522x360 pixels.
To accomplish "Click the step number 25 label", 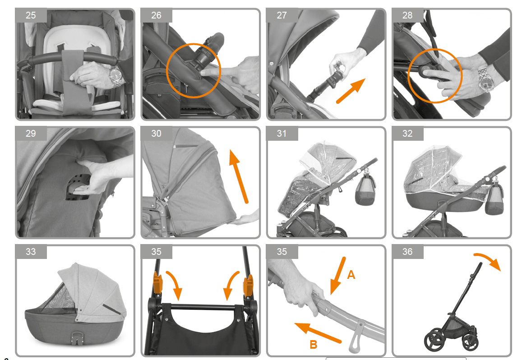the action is pyautogui.click(x=31, y=15).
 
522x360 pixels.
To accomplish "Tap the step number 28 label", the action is pyautogui.click(x=407, y=15).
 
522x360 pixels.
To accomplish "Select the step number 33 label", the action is pyautogui.click(x=31, y=252).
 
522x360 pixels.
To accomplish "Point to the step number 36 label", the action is pyautogui.click(x=407, y=252).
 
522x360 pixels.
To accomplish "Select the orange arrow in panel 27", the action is pyautogui.click(x=351, y=91).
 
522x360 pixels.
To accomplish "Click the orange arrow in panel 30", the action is pyautogui.click(x=238, y=176).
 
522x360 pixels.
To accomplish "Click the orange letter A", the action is pyautogui.click(x=351, y=275).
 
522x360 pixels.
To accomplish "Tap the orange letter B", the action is pyautogui.click(x=313, y=344).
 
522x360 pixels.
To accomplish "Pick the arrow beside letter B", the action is pyautogui.click(x=318, y=332).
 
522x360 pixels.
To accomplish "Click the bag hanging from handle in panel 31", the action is pyautogui.click(x=365, y=189).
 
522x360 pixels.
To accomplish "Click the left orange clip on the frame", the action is pyautogui.click(x=157, y=282).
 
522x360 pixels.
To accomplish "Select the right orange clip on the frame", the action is pyautogui.click(x=248, y=286).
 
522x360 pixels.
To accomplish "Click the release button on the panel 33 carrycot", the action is pyautogui.click(x=76, y=337).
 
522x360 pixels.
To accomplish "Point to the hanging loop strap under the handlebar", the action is pyautogui.click(x=356, y=337).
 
